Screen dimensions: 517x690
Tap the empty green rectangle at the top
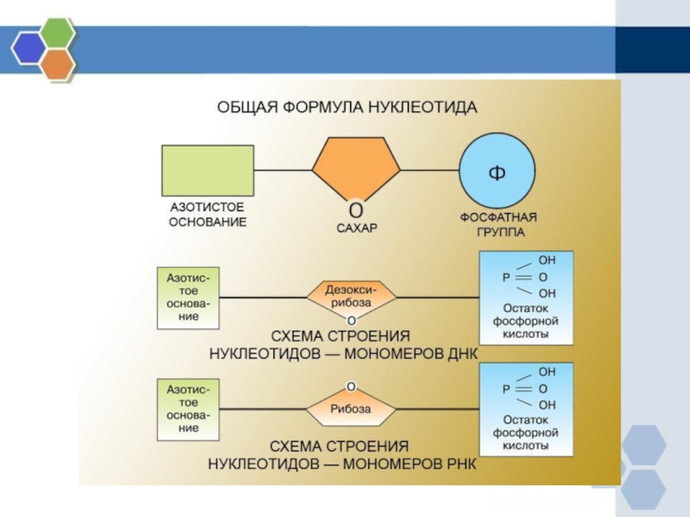(x=208, y=170)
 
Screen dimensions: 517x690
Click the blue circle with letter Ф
(x=497, y=170)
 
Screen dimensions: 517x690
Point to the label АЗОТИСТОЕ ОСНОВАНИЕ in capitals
(x=207, y=215)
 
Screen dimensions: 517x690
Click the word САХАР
(x=356, y=228)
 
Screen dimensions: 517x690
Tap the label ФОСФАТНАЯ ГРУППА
(x=499, y=224)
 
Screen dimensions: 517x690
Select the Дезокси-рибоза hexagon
(x=352, y=297)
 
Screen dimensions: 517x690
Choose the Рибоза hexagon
(x=352, y=408)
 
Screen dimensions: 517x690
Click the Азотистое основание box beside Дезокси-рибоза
(x=188, y=297)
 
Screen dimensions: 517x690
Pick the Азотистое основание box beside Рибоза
(x=188, y=408)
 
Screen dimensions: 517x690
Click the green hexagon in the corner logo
(x=58, y=34)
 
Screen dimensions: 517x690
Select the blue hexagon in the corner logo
(x=28, y=48)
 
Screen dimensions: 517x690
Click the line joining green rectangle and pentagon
(x=283, y=170)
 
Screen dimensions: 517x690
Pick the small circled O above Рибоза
(x=352, y=385)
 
